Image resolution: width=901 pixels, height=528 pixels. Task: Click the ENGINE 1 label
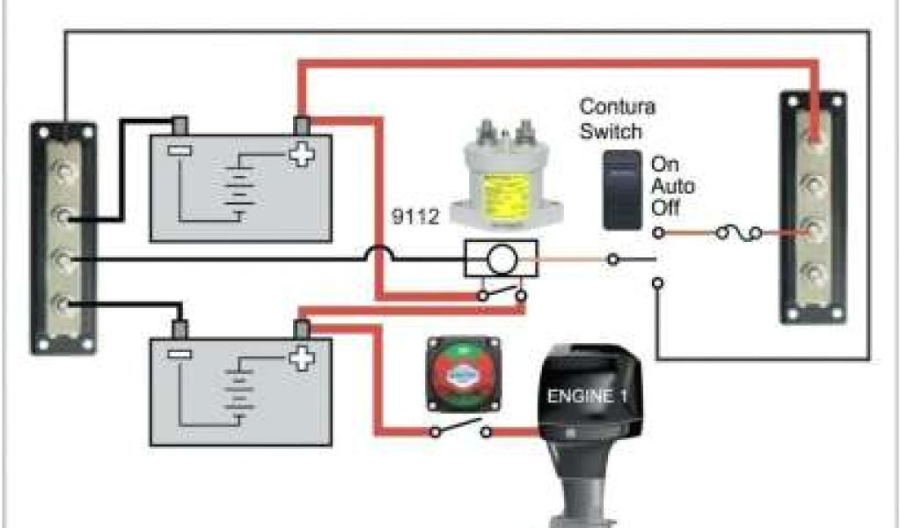click(588, 397)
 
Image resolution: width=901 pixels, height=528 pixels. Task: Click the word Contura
click(617, 107)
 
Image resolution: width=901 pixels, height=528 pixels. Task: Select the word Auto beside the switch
click(672, 187)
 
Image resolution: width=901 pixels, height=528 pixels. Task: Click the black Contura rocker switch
click(622, 188)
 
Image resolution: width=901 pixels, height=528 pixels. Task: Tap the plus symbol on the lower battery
click(302, 357)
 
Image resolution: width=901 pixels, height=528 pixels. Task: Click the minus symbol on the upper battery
click(179, 150)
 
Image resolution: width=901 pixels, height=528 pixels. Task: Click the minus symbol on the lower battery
click(179, 355)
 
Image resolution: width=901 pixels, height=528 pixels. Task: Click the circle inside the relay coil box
click(502, 260)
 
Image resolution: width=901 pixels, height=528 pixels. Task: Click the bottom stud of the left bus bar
click(61, 305)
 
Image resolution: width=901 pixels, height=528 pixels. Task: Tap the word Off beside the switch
click(664, 209)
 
